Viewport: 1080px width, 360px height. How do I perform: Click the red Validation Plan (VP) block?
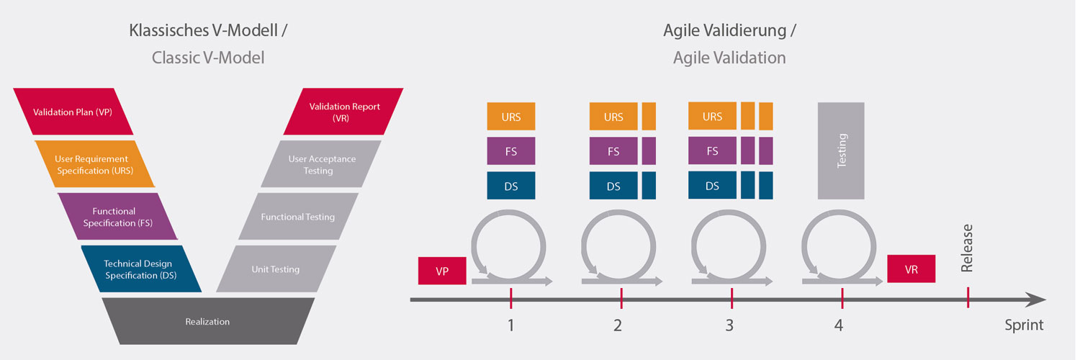pyautogui.click(x=73, y=112)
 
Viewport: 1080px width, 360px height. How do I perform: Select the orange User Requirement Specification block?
pyautogui.click(x=95, y=164)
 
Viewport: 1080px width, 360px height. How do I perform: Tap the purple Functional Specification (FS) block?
pyautogui.click(x=117, y=217)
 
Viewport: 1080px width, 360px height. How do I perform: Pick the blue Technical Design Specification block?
pyautogui.click(x=141, y=269)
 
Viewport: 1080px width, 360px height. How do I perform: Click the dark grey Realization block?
pyautogui.click(x=208, y=321)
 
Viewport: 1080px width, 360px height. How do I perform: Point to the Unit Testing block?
pyautogui.click(x=276, y=269)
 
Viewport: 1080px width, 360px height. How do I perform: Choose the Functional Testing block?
pyautogui.click(x=299, y=217)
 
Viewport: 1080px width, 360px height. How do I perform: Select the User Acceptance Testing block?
pyautogui.click(x=321, y=164)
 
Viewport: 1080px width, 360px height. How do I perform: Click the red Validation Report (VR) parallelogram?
pyautogui.click(x=343, y=112)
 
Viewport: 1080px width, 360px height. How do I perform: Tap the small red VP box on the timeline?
pyautogui.click(x=442, y=271)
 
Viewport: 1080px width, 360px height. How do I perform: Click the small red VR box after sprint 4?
pyautogui.click(x=912, y=269)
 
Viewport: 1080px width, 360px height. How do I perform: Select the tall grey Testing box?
pyautogui.click(x=841, y=151)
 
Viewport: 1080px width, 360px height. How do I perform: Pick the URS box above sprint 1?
pyautogui.click(x=511, y=116)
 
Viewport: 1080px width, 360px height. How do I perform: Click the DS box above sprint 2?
pyautogui.click(x=613, y=186)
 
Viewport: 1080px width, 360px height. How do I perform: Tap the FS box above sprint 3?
pyautogui.click(x=712, y=151)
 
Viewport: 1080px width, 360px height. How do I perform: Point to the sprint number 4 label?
pyautogui.click(x=839, y=325)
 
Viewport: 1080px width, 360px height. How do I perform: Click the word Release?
pyautogui.click(x=967, y=248)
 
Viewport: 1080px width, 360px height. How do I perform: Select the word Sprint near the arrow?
pyautogui.click(x=1024, y=325)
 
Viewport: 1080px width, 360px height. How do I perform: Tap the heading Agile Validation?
pyautogui.click(x=729, y=58)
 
